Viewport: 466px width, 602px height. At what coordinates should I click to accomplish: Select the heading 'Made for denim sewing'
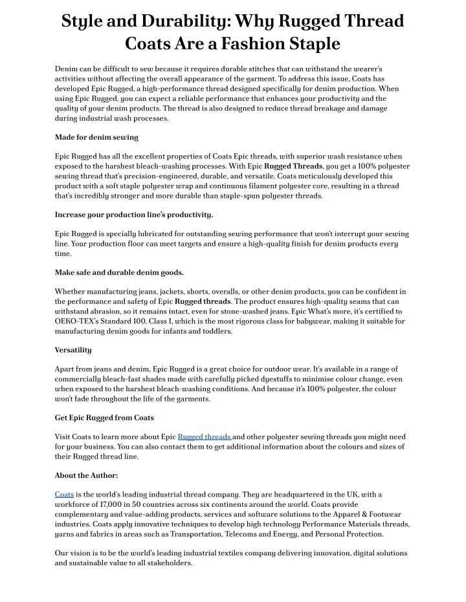point(96,137)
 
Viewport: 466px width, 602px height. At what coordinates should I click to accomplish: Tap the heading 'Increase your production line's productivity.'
point(134,214)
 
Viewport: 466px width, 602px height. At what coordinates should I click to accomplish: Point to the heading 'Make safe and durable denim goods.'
point(119,272)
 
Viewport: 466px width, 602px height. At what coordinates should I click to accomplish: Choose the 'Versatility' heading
point(73,350)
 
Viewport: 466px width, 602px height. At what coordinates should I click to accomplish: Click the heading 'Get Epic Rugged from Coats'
point(104,417)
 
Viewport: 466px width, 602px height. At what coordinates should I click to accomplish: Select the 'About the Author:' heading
point(86,475)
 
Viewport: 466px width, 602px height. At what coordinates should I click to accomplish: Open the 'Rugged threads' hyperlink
point(205,436)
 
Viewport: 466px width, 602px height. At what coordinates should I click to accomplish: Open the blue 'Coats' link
point(64,495)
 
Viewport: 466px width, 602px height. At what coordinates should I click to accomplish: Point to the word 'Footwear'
point(392,514)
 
